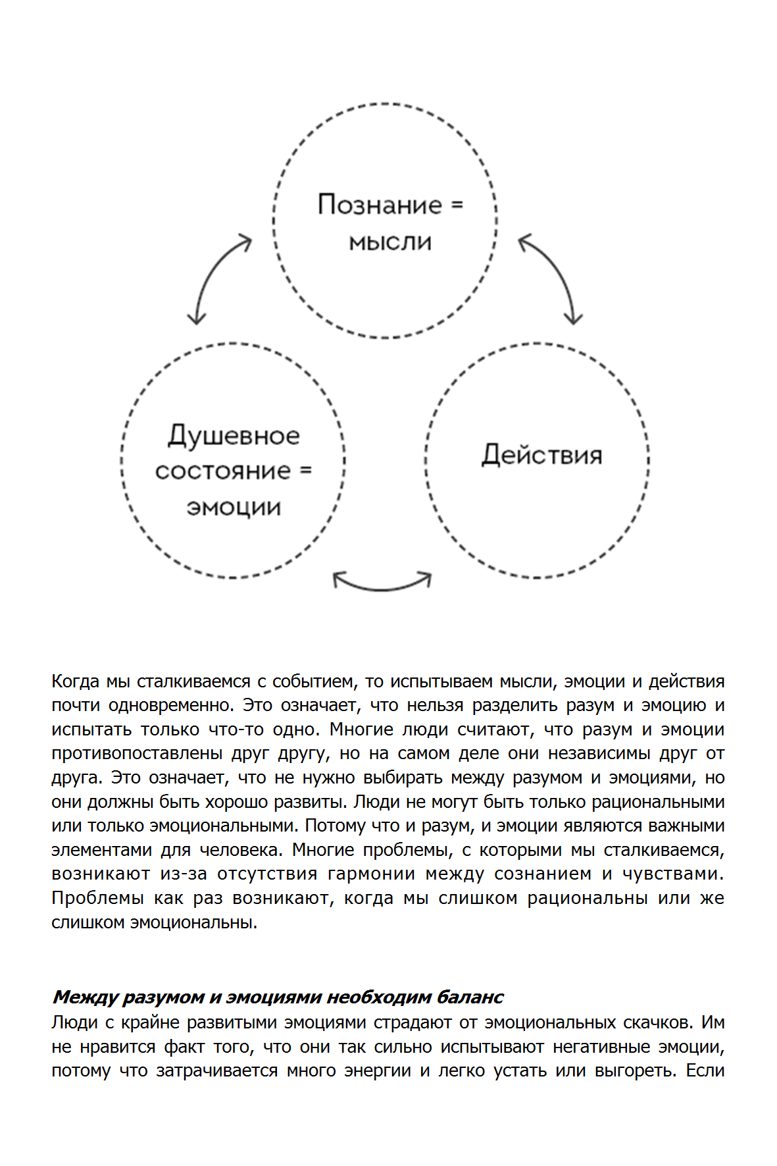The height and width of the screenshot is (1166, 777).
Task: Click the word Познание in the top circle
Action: pyautogui.click(x=379, y=205)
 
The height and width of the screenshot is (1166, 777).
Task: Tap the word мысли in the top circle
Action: pyautogui.click(x=390, y=242)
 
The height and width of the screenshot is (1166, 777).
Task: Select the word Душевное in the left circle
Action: pyautogui.click(x=234, y=436)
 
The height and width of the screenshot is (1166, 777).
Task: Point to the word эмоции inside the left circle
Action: pyautogui.click(x=234, y=508)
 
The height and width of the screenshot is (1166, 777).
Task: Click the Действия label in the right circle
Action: pyautogui.click(x=541, y=455)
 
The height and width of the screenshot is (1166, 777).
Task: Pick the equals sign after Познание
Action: pyautogui.click(x=457, y=205)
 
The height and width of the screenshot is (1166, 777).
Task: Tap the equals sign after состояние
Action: pyautogui.click(x=305, y=471)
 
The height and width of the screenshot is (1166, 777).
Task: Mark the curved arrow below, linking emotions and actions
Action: pyautogui.click(x=382, y=583)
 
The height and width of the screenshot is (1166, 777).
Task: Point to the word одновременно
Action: pyautogui.click(x=171, y=705)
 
